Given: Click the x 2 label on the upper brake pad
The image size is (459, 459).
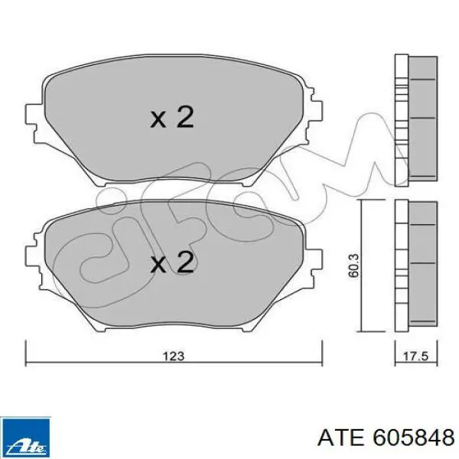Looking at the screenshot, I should pos(171,118).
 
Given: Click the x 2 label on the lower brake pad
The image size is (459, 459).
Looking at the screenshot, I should pos(171,264).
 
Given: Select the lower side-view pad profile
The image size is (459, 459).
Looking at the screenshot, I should pos(413,264).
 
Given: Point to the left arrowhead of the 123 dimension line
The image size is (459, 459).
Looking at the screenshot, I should pos(29,345).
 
